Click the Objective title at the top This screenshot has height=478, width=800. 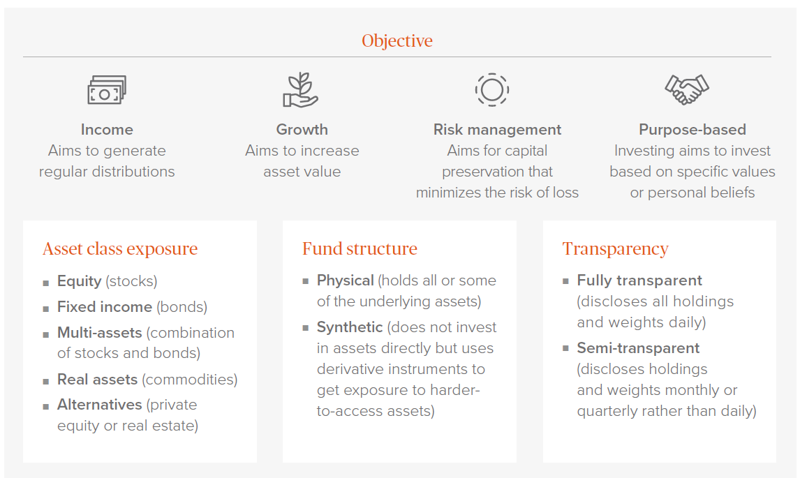pyautogui.click(x=397, y=40)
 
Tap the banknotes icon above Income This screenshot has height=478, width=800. pyautogui.click(x=107, y=90)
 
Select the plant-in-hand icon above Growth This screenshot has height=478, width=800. pyautogui.click(x=300, y=90)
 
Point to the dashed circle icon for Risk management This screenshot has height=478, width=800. pyautogui.click(x=492, y=90)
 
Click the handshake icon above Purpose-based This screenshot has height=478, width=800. pyautogui.click(x=687, y=90)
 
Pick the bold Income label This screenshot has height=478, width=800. pyautogui.click(x=107, y=130)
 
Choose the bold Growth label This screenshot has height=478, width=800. pyautogui.click(x=302, y=130)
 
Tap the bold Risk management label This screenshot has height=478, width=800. pyautogui.click(x=498, y=130)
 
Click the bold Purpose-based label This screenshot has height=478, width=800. pyautogui.click(x=692, y=130)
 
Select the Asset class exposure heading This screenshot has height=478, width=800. pyautogui.click(x=120, y=248)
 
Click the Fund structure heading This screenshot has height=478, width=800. pyautogui.click(x=360, y=248)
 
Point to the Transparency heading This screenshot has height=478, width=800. pyautogui.click(x=615, y=249)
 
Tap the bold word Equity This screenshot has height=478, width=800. pyautogui.click(x=79, y=281)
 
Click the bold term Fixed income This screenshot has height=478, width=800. pyautogui.click(x=105, y=306)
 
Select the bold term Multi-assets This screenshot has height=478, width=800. pyautogui.click(x=100, y=333)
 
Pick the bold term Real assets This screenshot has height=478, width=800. pyautogui.click(x=98, y=379)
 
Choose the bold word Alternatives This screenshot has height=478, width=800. pyautogui.click(x=100, y=405)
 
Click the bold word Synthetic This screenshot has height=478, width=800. pyautogui.click(x=350, y=327)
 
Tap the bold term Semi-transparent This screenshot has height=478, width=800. pyautogui.click(x=638, y=348)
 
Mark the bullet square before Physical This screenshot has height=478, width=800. pyautogui.click(x=306, y=281)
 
